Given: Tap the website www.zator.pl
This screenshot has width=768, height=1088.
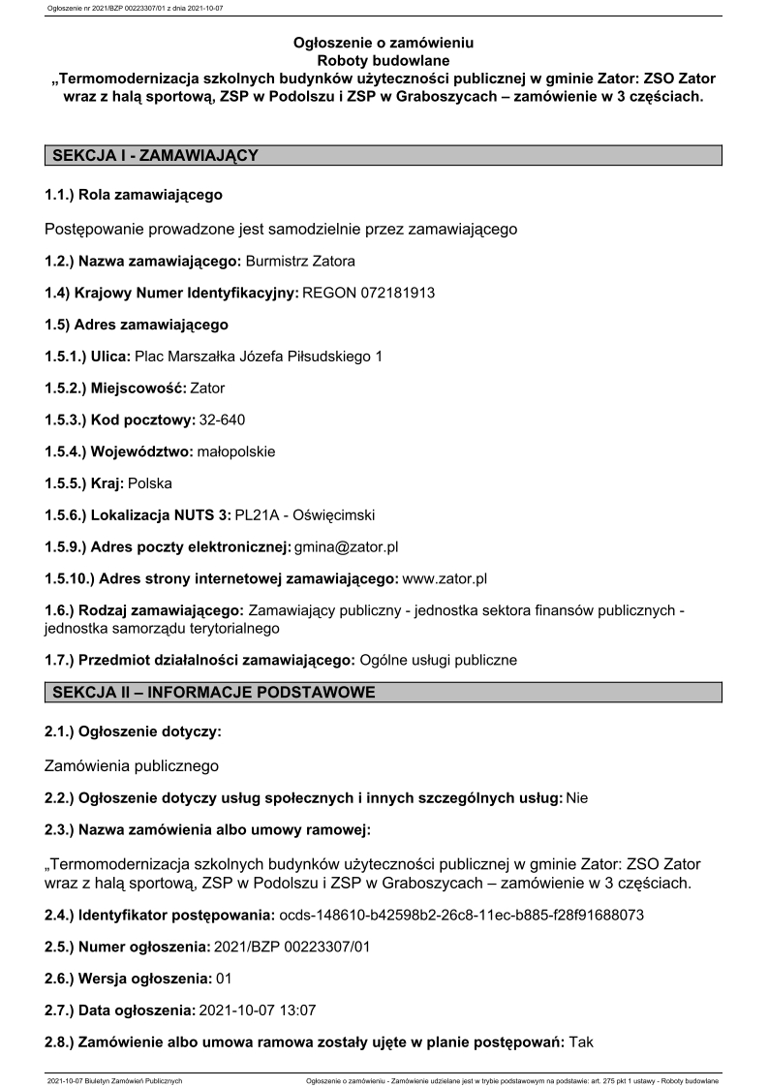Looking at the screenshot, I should (444, 578).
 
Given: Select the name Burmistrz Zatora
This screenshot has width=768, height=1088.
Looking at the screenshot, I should (301, 262).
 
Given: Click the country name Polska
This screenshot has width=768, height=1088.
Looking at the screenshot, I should (149, 482).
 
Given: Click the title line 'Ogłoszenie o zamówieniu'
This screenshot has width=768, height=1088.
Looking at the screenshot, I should (384, 43).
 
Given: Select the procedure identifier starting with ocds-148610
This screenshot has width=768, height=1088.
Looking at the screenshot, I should (460, 914).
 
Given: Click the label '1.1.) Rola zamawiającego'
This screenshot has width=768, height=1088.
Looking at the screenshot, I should (134, 195).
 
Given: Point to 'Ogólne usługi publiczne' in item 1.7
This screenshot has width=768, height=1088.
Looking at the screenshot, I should (438, 660).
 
